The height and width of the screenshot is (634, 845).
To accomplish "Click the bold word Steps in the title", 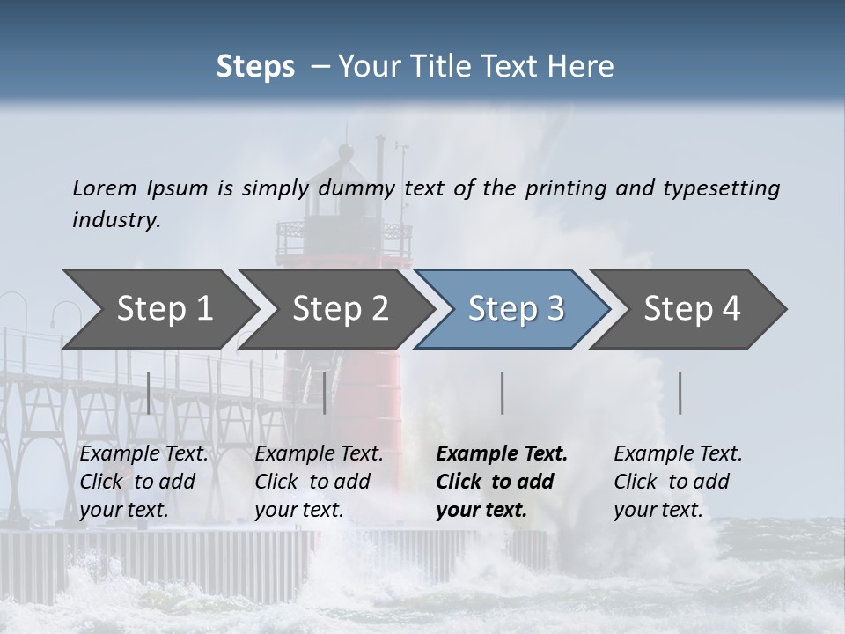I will click(x=255, y=67).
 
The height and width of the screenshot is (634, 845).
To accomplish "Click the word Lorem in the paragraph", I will click(x=105, y=188).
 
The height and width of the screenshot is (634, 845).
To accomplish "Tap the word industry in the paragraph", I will click(x=116, y=219).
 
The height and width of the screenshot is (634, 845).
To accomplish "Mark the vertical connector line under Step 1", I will click(x=149, y=393).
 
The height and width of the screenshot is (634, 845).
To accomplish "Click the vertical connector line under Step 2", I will click(x=325, y=393).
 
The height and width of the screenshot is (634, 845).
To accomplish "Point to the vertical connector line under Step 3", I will click(x=503, y=393).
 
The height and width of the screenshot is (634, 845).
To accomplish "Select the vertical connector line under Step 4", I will click(x=680, y=393).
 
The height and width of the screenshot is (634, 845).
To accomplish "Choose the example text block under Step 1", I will click(x=143, y=482).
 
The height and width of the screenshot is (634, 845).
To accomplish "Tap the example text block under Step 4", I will click(x=678, y=482).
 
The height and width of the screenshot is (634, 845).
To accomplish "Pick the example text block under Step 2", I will click(x=319, y=482).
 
